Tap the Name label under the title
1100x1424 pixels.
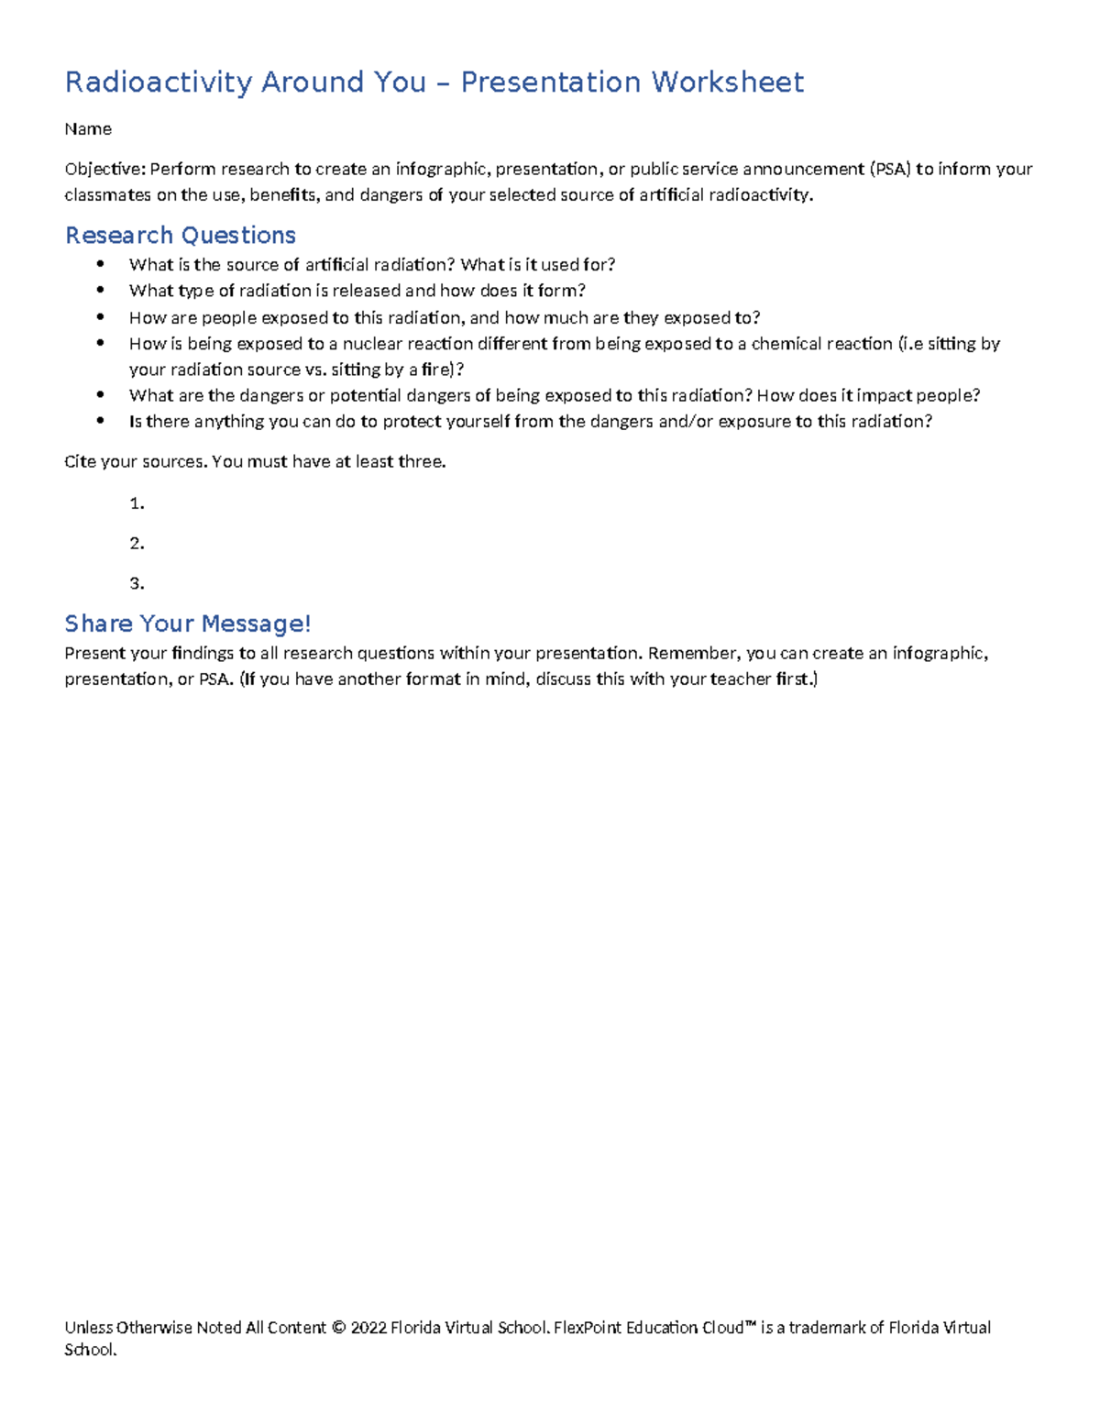(x=88, y=129)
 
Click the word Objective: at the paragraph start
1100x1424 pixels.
(x=104, y=170)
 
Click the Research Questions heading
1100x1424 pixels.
(x=180, y=236)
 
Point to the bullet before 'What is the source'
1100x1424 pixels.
(x=101, y=264)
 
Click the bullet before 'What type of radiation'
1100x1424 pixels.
(x=101, y=290)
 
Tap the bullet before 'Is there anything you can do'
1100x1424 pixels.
(x=101, y=421)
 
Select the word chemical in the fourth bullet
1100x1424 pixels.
(x=786, y=344)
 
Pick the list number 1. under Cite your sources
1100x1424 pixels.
(x=137, y=503)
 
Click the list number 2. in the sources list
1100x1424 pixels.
(x=137, y=544)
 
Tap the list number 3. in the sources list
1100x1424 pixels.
(x=137, y=584)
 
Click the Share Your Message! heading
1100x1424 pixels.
(x=187, y=624)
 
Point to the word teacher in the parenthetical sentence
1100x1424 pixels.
(x=740, y=679)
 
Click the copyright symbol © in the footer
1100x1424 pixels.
(x=338, y=1328)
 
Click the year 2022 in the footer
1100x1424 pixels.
(x=368, y=1328)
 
